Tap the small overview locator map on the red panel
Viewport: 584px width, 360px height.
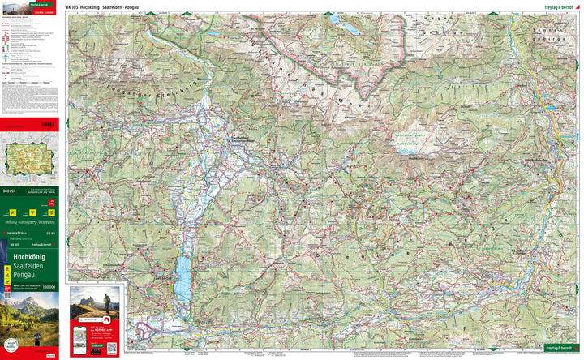pyautogui.click(x=29, y=159)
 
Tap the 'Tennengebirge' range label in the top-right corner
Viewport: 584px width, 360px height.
pyautogui.click(x=550, y=38)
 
